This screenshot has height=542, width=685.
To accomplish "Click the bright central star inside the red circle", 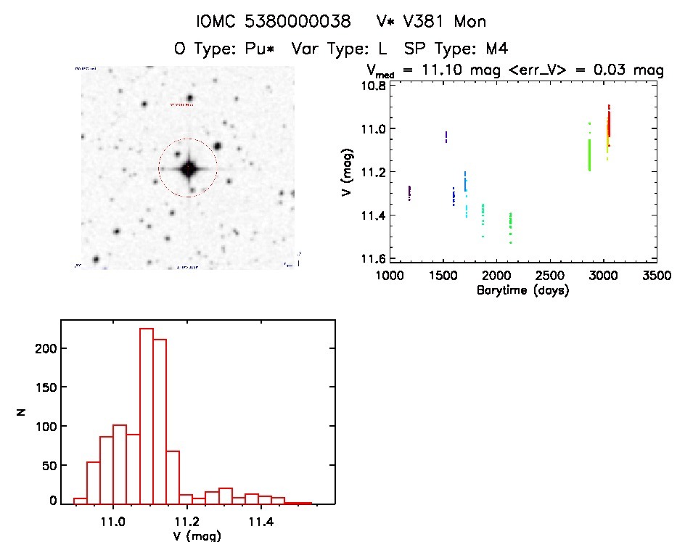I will coord(189,169).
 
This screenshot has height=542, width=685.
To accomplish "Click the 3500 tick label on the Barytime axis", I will coord(656,276).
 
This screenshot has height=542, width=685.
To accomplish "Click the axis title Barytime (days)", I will coord(522,290).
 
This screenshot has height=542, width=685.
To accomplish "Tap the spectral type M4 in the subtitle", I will coord(497,49).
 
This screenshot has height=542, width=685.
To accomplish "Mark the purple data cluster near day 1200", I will coord(409,193).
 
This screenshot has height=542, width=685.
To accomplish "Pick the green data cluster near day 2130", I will coord(511,225).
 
